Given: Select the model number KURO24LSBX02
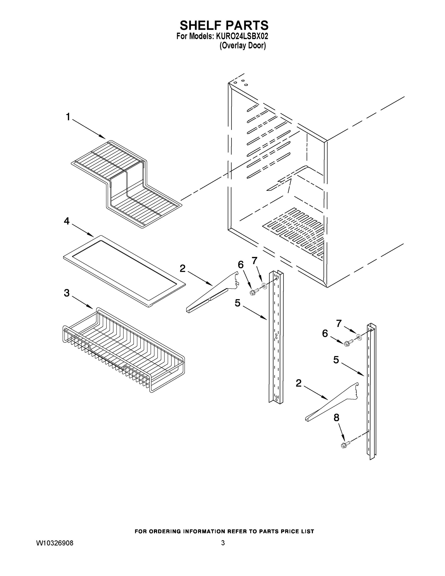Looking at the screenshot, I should pyautogui.click(x=242, y=36).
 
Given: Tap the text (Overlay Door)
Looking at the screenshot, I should pyautogui.click(x=243, y=45).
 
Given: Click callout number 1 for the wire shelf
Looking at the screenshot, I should pyautogui.click(x=68, y=117).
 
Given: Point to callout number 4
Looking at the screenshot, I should pyautogui.click(x=67, y=221).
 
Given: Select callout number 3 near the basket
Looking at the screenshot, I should pyautogui.click(x=67, y=293).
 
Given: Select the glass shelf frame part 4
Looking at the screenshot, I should pyautogui.click(x=124, y=270).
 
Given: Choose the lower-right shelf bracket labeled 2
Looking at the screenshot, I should pyautogui.click(x=332, y=402).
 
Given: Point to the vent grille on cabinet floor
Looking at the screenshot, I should pyautogui.click(x=294, y=232).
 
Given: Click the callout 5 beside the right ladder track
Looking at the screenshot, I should pyautogui.click(x=336, y=360).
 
